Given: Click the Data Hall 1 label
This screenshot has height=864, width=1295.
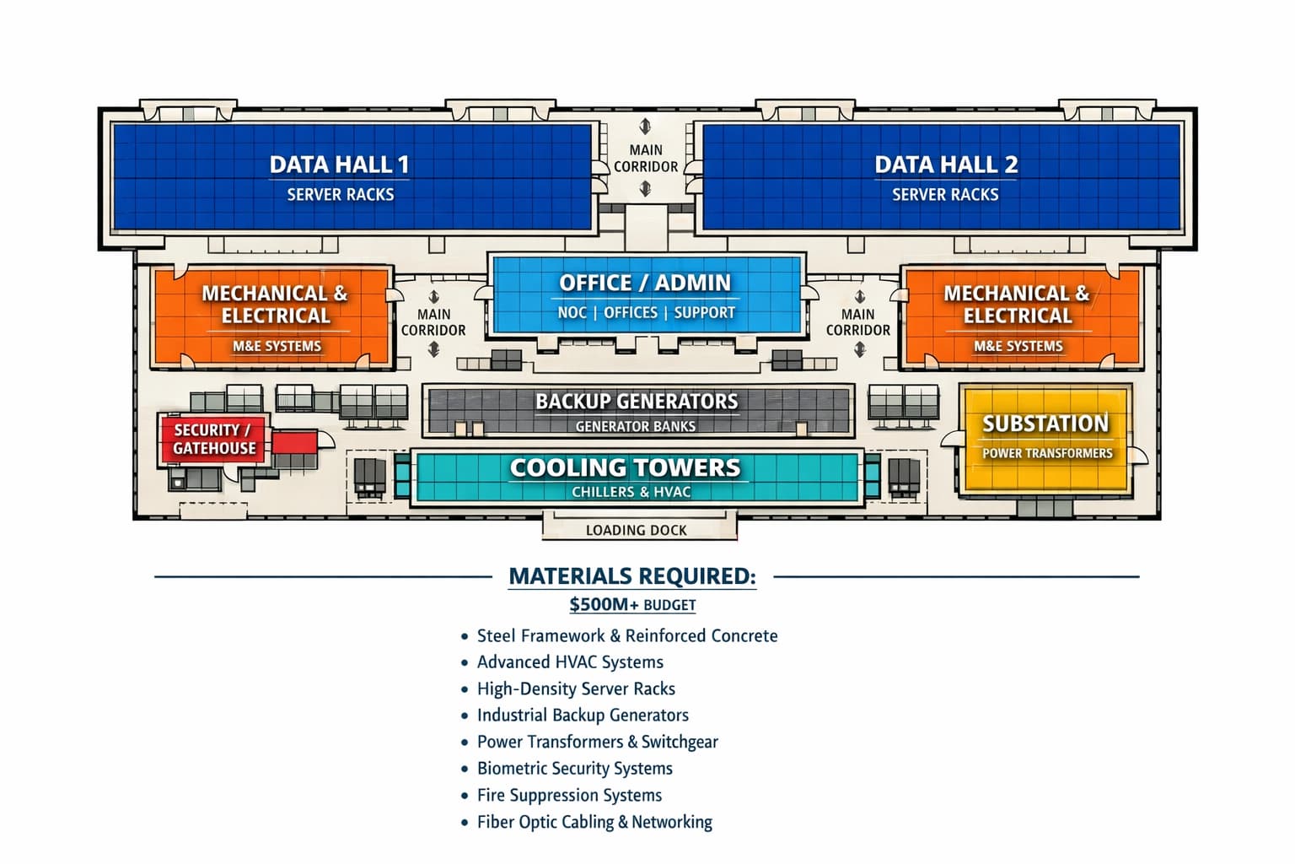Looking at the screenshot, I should pos(339,164).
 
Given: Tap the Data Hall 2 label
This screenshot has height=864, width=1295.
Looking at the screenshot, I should pos(945,164).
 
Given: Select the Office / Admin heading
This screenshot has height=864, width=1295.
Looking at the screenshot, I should pos(645,283).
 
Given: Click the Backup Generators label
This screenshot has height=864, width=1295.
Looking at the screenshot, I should pos(637,401).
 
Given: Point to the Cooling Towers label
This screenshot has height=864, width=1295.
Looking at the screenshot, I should pos(625,467).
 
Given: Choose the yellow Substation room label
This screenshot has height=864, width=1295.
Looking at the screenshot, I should pos(1045,424).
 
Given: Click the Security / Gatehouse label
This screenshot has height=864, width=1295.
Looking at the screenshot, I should pos(213,439).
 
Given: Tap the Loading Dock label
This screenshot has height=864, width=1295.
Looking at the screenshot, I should pos(636,530).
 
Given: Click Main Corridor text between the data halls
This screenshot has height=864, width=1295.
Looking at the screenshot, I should pos(646,159).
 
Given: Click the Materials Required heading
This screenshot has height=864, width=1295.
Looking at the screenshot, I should pos(632,576).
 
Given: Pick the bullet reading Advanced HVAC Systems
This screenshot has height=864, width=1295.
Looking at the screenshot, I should pos(570,662).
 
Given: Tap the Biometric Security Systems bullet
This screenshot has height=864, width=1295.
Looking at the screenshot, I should pos(574,769).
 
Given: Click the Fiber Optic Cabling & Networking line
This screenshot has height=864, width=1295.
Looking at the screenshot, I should pos(594,822).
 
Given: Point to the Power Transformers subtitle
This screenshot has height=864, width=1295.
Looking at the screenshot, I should pos(1047,453).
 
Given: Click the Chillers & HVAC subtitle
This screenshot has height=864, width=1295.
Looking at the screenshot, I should pos(631,492).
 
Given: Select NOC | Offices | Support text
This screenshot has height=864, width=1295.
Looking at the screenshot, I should pos(646,312).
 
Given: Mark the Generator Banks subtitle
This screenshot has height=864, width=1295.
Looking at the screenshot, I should pos(635,426).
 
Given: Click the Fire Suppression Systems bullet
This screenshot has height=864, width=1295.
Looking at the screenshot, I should pos(569,795).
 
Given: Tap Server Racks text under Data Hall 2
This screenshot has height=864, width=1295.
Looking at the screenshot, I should pos(945,194).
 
